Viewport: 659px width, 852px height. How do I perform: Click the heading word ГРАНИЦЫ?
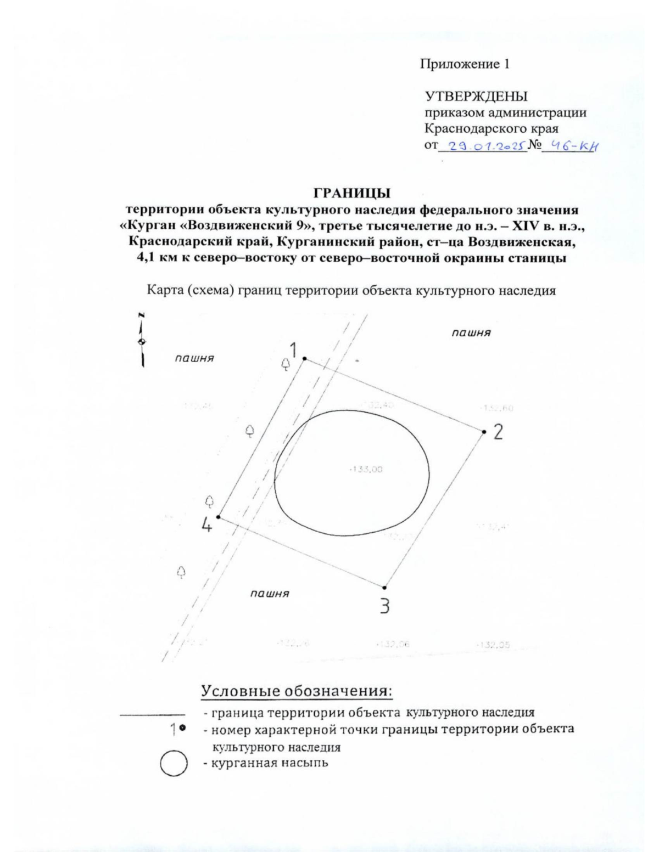(x=351, y=193)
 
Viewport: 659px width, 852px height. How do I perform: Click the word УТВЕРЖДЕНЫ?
(x=476, y=97)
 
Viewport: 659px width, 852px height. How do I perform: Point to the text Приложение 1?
(x=465, y=64)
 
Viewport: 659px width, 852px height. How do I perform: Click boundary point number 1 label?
(x=294, y=349)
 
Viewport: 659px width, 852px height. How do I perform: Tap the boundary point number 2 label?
(x=498, y=432)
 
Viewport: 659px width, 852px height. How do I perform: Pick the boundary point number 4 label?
(x=206, y=526)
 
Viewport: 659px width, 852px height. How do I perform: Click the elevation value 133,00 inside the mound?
(x=366, y=469)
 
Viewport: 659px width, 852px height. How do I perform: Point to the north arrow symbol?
(x=142, y=340)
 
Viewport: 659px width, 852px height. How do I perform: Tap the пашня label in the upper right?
(x=471, y=332)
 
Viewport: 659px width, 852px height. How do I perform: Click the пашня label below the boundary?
(x=270, y=593)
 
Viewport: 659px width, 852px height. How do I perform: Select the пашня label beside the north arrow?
(x=194, y=358)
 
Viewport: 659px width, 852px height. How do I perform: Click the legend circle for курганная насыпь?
(x=174, y=764)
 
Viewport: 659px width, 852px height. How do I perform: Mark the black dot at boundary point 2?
(x=484, y=432)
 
